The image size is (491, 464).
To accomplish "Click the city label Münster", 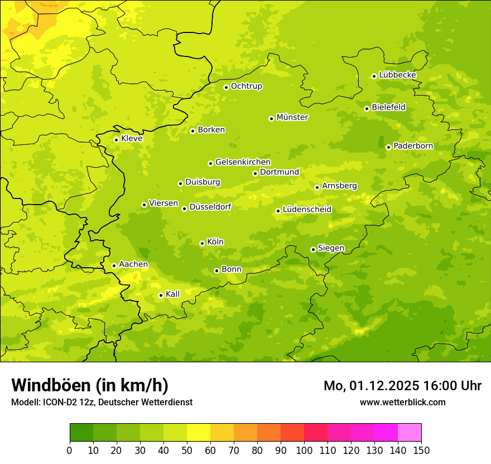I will click(x=292, y=117).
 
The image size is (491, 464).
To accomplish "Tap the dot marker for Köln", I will click(x=202, y=243).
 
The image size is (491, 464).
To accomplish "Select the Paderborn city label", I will click(x=413, y=146).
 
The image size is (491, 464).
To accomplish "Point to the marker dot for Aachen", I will click(x=114, y=266).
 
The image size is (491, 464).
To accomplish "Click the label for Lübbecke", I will click(x=398, y=75).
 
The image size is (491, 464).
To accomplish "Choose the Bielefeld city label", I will click(x=389, y=107).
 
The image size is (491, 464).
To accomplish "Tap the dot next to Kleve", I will click(x=116, y=140).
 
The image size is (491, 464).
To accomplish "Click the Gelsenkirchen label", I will click(x=243, y=162).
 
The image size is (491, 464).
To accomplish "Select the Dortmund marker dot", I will click(x=255, y=173).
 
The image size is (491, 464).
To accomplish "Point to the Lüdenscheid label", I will click(x=307, y=210).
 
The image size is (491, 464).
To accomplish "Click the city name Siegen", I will click(x=331, y=248).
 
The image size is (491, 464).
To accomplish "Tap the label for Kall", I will click(x=173, y=294).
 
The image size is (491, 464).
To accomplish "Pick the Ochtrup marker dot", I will click(x=226, y=87).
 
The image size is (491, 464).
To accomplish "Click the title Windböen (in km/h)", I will click(x=90, y=385).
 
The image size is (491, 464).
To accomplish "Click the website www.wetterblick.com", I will click(x=403, y=402).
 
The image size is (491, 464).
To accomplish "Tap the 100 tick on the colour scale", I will click(x=304, y=450).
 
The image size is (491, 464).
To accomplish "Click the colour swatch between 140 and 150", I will click(x=410, y=433).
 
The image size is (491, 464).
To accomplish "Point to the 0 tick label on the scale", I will click(x=70, y=450).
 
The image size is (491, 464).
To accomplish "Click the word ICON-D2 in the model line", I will click(x=57, y=402).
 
